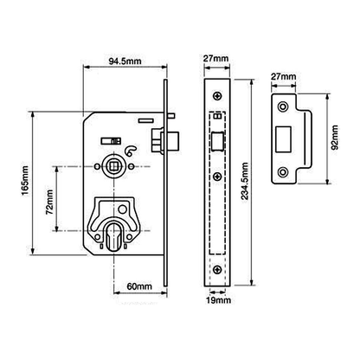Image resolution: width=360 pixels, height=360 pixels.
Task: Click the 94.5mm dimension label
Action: pyautogui.click(x=125, y=61)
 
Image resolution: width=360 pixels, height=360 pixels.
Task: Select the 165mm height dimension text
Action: pyautogui.click(x=25, y=181)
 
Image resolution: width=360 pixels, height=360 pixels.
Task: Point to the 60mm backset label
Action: pyautogui.click(x=139, y=286)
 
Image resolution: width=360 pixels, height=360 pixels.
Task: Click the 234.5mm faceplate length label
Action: pyautogui.click(x=245, y=181)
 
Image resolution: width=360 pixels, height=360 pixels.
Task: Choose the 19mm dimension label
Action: pyautogui.click(x=218, y=300)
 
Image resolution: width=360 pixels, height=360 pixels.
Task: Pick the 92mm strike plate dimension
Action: pyautogui.click(x=335, y=138)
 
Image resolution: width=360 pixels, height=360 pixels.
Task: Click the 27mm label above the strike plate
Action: pyautogui.click(x=284, y=76)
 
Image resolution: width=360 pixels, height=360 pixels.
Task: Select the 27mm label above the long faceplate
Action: pyautogui.click(x=216, y=58)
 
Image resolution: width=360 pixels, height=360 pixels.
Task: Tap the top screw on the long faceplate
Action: pyautogui.click(x=217, y=95)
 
